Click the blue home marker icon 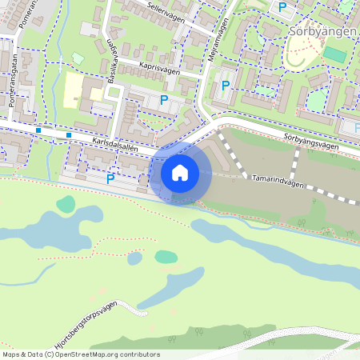coord(180,172)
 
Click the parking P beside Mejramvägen coord(226,85)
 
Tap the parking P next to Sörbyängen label coord(282,7)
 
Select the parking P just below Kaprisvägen coord(164,100)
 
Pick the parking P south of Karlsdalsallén coord(110,178)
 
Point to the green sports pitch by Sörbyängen coord(334,55)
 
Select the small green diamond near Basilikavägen coord(78,58)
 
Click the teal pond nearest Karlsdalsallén coord(65,203)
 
